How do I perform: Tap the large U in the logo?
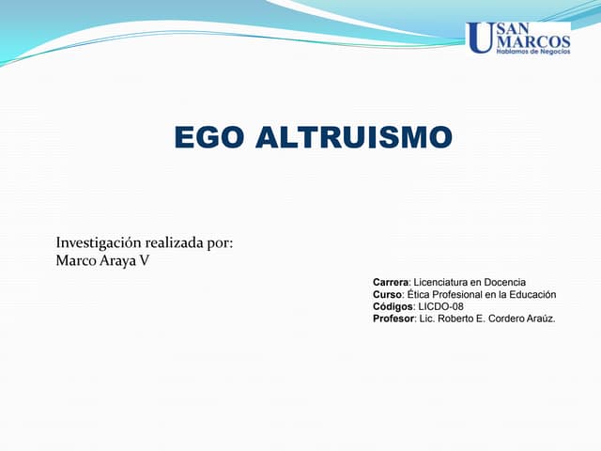coord(479,38)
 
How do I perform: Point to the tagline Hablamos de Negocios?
coord(532,53)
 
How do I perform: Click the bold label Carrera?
coord(390,283)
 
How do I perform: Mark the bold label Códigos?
coord(393,307)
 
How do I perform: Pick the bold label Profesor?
coord(393,319)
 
